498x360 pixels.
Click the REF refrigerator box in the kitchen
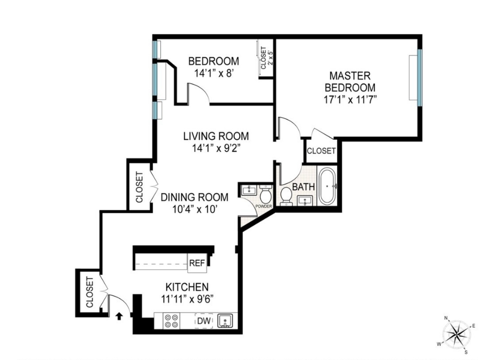tap(197, 263)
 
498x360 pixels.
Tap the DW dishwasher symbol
tap(203, 321)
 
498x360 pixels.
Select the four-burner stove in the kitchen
tap(171, 321)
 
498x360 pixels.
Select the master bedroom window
tap(419, 78)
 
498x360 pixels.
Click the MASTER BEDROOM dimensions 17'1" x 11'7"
tap(350, 99)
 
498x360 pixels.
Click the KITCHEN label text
tap(187, 287)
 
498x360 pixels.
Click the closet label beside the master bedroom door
tap(321, 151)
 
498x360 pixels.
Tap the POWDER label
tap(264, 206)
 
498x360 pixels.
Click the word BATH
tap(303, 187)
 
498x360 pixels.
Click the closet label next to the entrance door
tap(89, 292)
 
